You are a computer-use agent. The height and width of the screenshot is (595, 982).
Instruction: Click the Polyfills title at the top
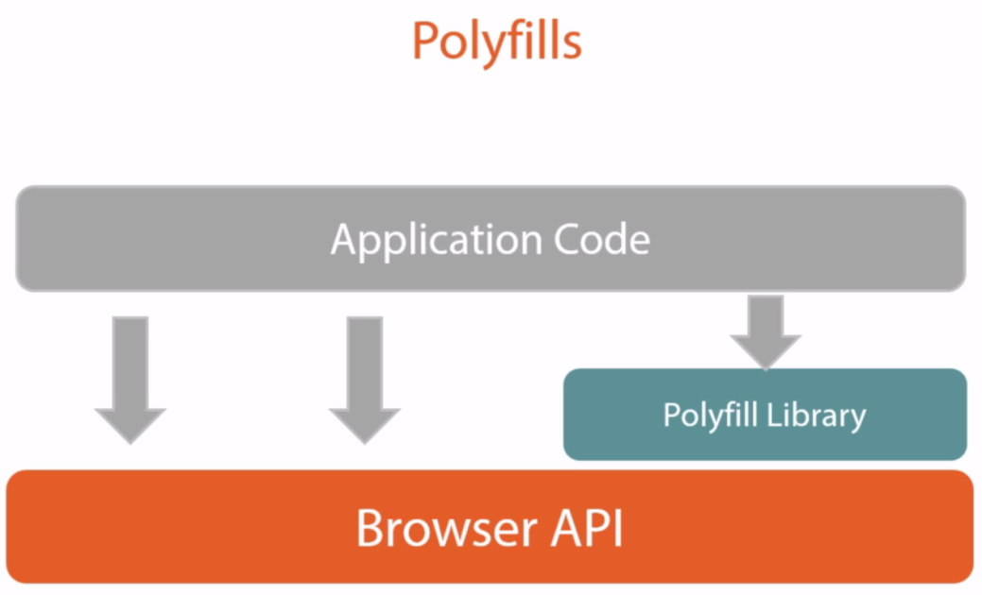[x=496, y=42]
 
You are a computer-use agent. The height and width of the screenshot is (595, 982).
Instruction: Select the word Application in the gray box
[x=437, y=241]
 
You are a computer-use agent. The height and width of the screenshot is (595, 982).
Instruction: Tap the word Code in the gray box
[x=602, y=239]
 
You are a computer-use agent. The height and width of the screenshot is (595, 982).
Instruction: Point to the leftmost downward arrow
[x=130, y=381]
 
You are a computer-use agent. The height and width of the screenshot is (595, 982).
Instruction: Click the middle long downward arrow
[x=365, y=381]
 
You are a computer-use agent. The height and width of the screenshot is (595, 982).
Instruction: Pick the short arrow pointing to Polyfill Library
[x=766, y=332]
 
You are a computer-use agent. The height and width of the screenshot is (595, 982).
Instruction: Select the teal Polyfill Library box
[x=765, y=415]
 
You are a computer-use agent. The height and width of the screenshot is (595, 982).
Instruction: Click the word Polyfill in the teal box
[x=710, y=416]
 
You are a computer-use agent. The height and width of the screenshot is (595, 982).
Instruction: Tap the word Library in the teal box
[x=816, y=416]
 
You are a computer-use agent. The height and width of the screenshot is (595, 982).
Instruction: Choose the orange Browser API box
[x=490, y=527]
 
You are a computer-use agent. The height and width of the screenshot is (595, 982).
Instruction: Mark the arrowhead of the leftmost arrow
[x=130, y=425]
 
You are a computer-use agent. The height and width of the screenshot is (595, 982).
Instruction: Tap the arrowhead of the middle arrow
[x=365, y=425]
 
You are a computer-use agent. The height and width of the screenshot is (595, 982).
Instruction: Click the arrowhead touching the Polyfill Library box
[x=766, y=352]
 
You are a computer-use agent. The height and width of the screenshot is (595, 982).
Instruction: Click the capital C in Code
[x=569, y=239]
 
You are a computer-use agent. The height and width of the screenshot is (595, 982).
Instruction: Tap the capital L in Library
[x=774, y=414]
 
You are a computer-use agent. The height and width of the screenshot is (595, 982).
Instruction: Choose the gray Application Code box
[x=491, y=238]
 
